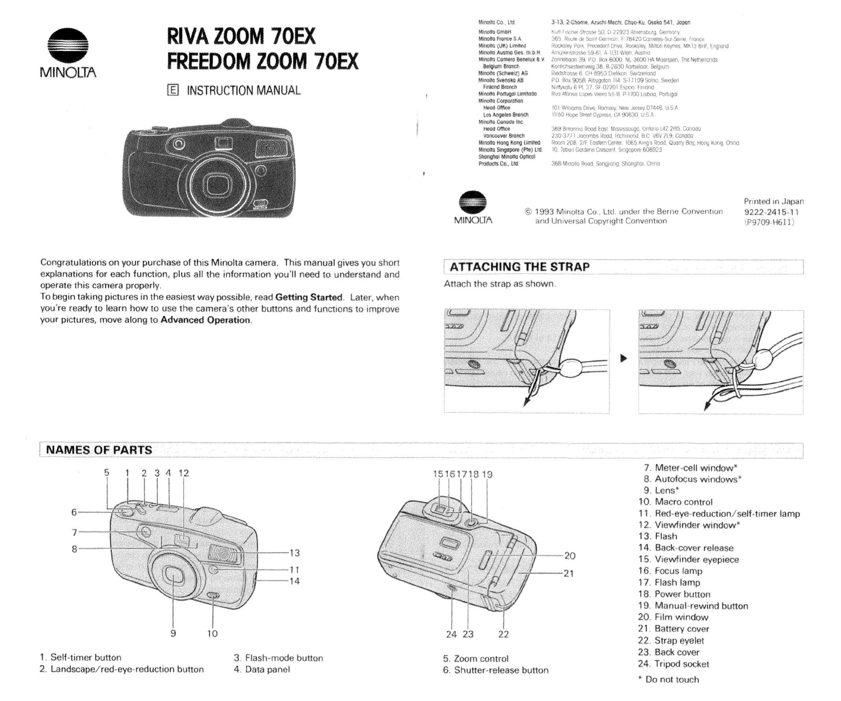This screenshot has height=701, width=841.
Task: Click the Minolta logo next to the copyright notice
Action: [x=473, y=207]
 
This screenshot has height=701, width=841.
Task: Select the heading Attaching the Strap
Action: [x=519, y=267]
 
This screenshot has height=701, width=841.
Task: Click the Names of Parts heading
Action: [x=99, y=450]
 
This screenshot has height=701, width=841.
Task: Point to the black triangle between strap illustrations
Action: [x=623, y=358]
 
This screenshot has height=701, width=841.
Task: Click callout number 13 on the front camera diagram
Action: [x=294, y=553]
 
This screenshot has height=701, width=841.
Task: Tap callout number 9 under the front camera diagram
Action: [x=173, y=633]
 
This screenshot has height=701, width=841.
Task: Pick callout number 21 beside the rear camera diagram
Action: [x=569, y=573]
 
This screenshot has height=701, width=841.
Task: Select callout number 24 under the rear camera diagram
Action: [x=451, y=634]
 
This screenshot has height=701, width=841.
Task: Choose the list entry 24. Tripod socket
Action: [x=673, y=664]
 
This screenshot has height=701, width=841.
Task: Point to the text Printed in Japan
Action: [x=773, y=201]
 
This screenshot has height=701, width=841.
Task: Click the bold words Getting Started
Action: [x=308, y=297]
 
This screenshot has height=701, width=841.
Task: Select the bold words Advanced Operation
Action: [x=205, y=320]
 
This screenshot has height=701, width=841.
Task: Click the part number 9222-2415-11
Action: [x=771, y=212]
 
